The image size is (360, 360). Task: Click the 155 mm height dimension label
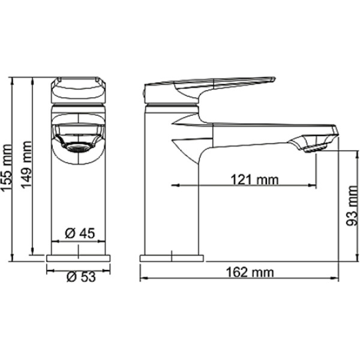[x=8, y=171]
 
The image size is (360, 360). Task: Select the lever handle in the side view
[x=204, y=84]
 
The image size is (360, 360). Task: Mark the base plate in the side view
[x=172, y=258]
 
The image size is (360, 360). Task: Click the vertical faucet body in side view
[x=172, y=198]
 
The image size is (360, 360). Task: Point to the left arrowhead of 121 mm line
[x=175, y=185]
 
